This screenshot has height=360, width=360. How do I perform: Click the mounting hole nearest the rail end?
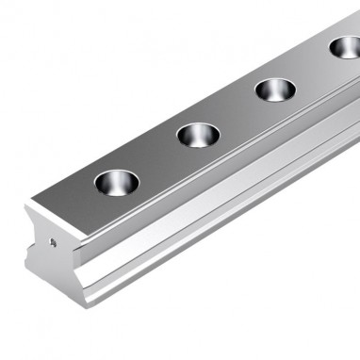(116, 181)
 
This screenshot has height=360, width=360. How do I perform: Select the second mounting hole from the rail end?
(198, 134)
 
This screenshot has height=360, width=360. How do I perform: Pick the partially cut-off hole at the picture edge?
(346, 46)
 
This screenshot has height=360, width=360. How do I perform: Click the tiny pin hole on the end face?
(54, 242)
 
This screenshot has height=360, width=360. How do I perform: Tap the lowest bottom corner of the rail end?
(86, 306)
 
